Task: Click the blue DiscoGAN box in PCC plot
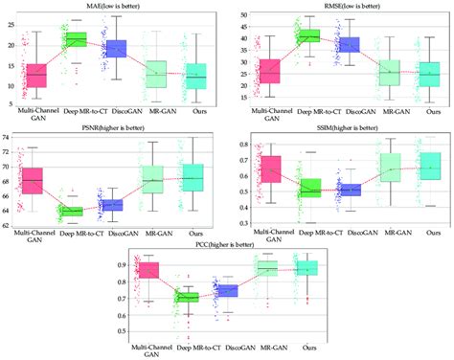(228, 291)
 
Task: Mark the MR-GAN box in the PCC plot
(267, 269)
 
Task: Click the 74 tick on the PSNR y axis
(8, 139)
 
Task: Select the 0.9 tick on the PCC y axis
(122, 263)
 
